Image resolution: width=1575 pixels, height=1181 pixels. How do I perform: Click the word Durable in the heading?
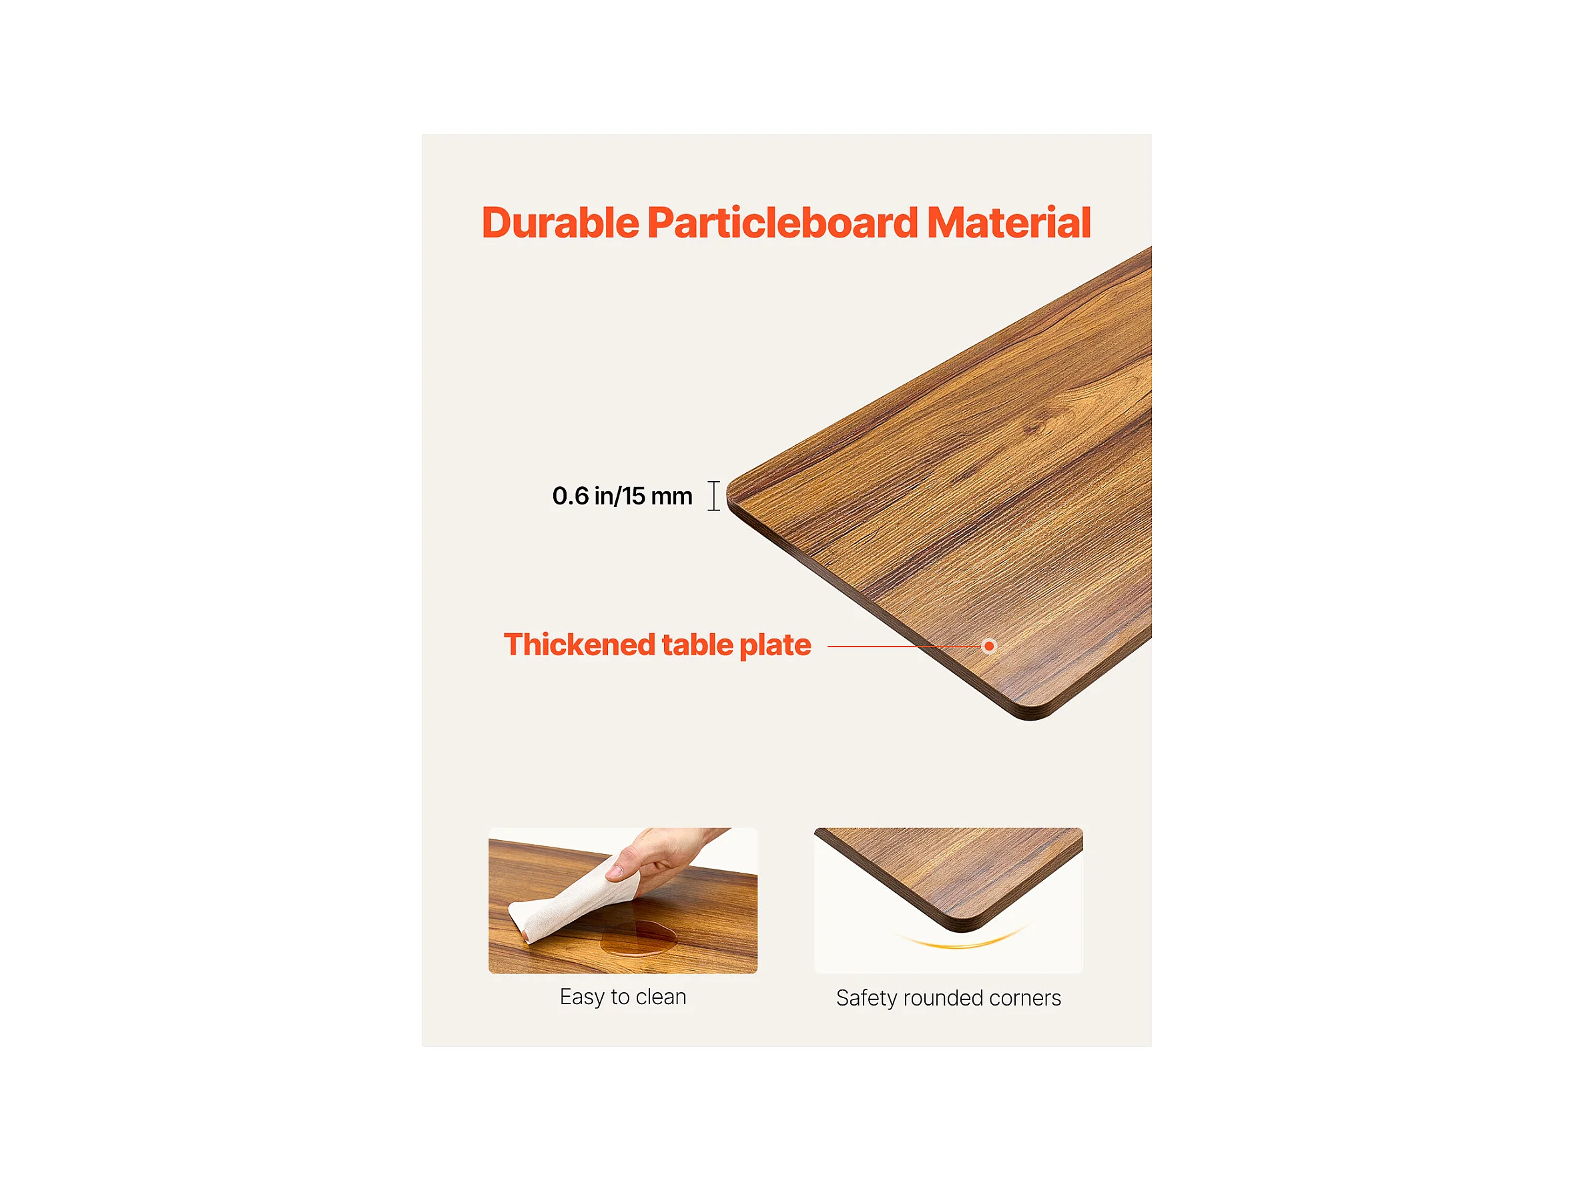click(561, 223)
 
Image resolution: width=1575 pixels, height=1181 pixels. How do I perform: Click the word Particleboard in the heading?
click(783, 223)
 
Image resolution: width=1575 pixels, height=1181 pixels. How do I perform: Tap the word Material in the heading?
click(1009, 223)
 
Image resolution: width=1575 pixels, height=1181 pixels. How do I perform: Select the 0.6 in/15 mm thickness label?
click(622, 496)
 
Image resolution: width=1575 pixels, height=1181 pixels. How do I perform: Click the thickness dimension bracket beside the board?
click(714, 496)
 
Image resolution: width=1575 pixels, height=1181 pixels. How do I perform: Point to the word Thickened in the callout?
click(579, 645)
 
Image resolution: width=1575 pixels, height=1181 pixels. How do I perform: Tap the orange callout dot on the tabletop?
click(989, 647)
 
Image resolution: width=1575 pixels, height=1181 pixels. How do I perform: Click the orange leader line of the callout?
click(904, 647)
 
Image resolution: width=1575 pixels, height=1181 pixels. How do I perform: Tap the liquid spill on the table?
click(638, 937)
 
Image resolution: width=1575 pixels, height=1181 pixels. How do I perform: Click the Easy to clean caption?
click(623, 998)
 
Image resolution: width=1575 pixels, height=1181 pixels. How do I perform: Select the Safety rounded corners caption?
click(948, 999)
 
